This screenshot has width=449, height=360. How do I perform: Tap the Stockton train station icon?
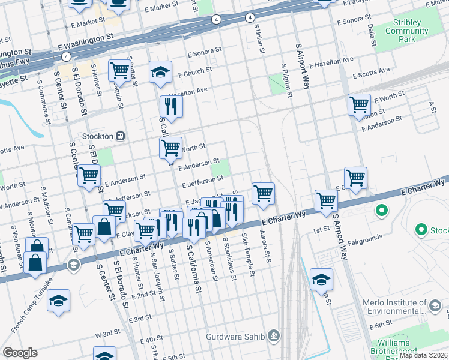[121, 136]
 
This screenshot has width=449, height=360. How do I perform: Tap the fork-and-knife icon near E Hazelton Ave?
[171, 107]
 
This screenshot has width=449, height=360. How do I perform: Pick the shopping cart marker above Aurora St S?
[263, 194]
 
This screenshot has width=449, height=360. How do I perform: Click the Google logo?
[20, 352]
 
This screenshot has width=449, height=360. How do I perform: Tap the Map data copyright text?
[423, 355]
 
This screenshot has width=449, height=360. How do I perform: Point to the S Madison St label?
[43, 202]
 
